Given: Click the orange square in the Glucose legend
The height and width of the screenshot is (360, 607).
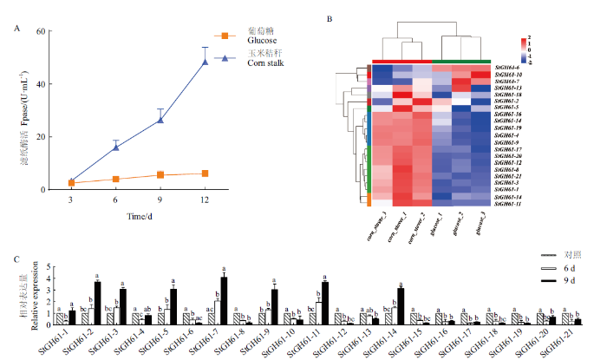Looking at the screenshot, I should [x=225, y=36].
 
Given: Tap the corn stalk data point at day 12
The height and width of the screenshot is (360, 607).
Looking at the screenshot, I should [x=206, y=62].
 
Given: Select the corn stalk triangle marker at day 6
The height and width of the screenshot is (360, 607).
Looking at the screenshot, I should [x=115, y=147].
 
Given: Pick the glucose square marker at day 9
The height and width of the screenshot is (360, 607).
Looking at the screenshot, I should [x=160, y=174].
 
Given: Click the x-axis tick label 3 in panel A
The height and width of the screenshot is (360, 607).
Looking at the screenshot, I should [x=71, y=200].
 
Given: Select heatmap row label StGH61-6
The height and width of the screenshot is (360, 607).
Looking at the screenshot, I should [x=508, y=68].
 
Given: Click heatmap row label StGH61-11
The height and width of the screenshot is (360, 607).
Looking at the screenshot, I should [x=509, y=205].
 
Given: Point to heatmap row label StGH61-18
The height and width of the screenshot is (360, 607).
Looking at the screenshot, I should [x=509, y=95].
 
